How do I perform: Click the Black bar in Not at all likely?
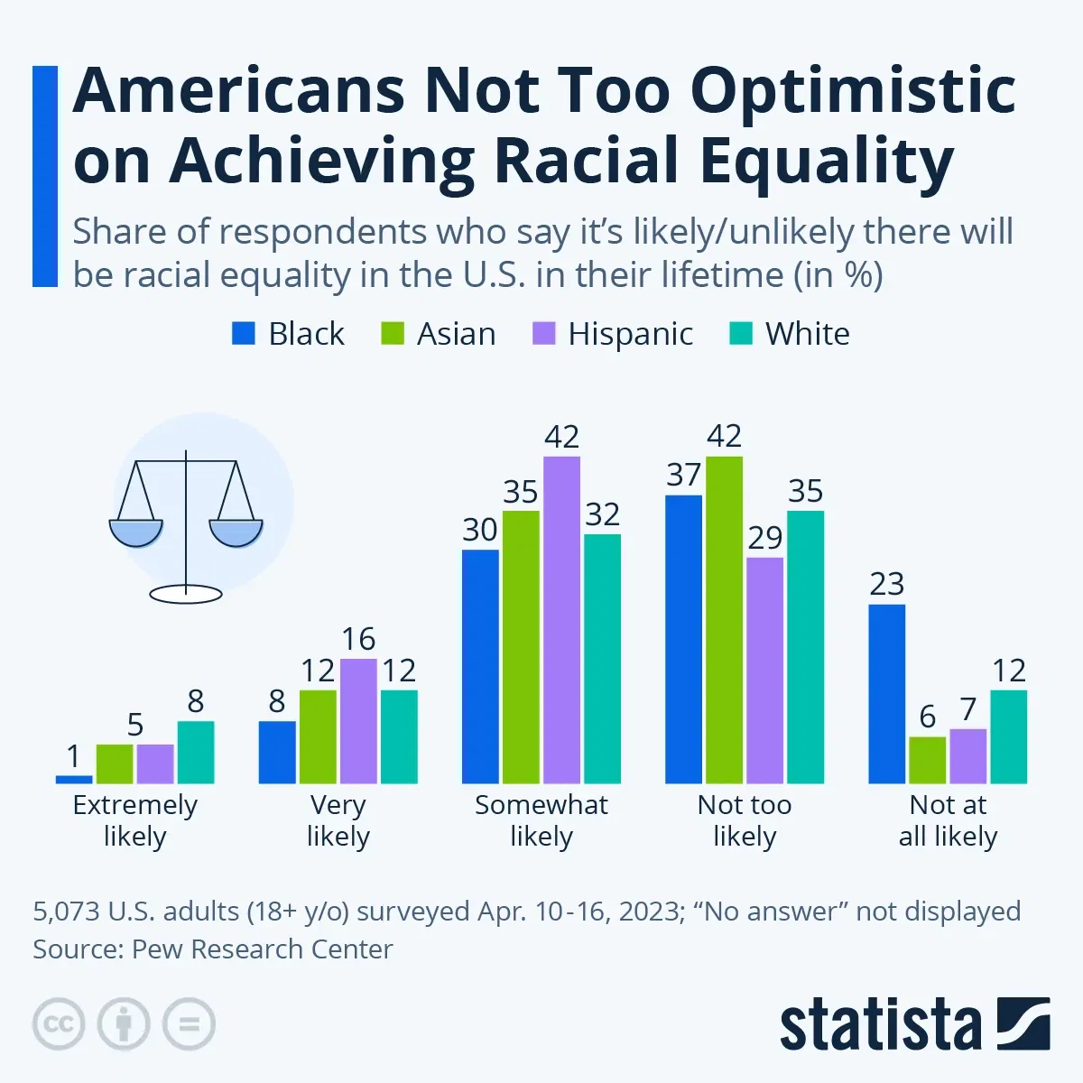[x=886, y=693]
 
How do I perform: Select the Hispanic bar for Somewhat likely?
[x=561, y=620]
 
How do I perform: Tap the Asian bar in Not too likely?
[x=724, y=620]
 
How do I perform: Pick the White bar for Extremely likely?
[x=196, y=752]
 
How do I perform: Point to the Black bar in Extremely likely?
[x=74, y=779]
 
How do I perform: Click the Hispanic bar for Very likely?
[x=358, y=721]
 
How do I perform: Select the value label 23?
[x=886, y=584]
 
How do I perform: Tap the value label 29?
[x=764, y=538]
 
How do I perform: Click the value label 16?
[x=358, y=639]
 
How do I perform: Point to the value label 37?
[x=683, y=475]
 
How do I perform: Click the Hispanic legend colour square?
[x=542, y=334]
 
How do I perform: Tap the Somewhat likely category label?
[x=541, y=820]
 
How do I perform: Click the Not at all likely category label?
[x=948, y=820]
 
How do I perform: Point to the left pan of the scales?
[x=136, y=532]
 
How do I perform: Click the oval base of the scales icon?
[x=186, y=594]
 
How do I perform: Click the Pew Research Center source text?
[x=262, y=949]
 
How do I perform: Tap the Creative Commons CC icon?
[x=59, y=1024]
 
